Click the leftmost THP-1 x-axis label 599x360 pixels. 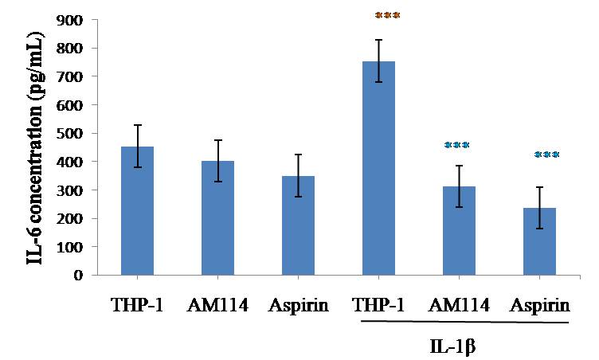coord(136,305)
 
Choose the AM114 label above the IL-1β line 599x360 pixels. coord(460,305)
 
